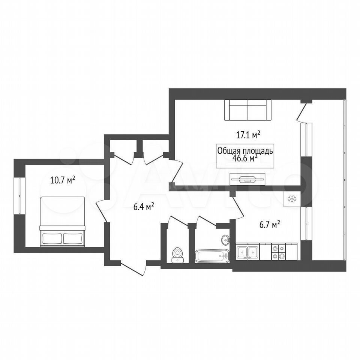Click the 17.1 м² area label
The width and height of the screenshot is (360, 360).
click(248, 135)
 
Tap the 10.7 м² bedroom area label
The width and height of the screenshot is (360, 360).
click(63, 180)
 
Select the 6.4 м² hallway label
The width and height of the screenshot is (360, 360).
click(144, 207)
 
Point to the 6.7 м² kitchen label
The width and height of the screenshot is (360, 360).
click(270, 225)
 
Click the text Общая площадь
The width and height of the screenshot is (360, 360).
click(245, 151)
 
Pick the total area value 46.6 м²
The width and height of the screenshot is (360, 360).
click(245, 158)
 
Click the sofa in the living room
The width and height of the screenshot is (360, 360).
click(248, 110)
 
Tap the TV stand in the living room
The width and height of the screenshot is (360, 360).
click(247, 179)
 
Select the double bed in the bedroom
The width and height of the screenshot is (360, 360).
click(63, 222)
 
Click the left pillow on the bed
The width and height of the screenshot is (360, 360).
click(52, 238)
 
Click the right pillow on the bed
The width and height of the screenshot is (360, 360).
click(73, 238)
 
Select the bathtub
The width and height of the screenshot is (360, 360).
click(212, 256)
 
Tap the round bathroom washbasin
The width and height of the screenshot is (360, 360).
click(225, 240)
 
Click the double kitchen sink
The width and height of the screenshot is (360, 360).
click(248, 252)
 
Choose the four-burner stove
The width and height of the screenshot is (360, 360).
click(278, 252)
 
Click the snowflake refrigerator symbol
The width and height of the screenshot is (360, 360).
click(292, 199)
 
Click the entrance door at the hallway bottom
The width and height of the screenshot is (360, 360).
click(133, 268)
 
